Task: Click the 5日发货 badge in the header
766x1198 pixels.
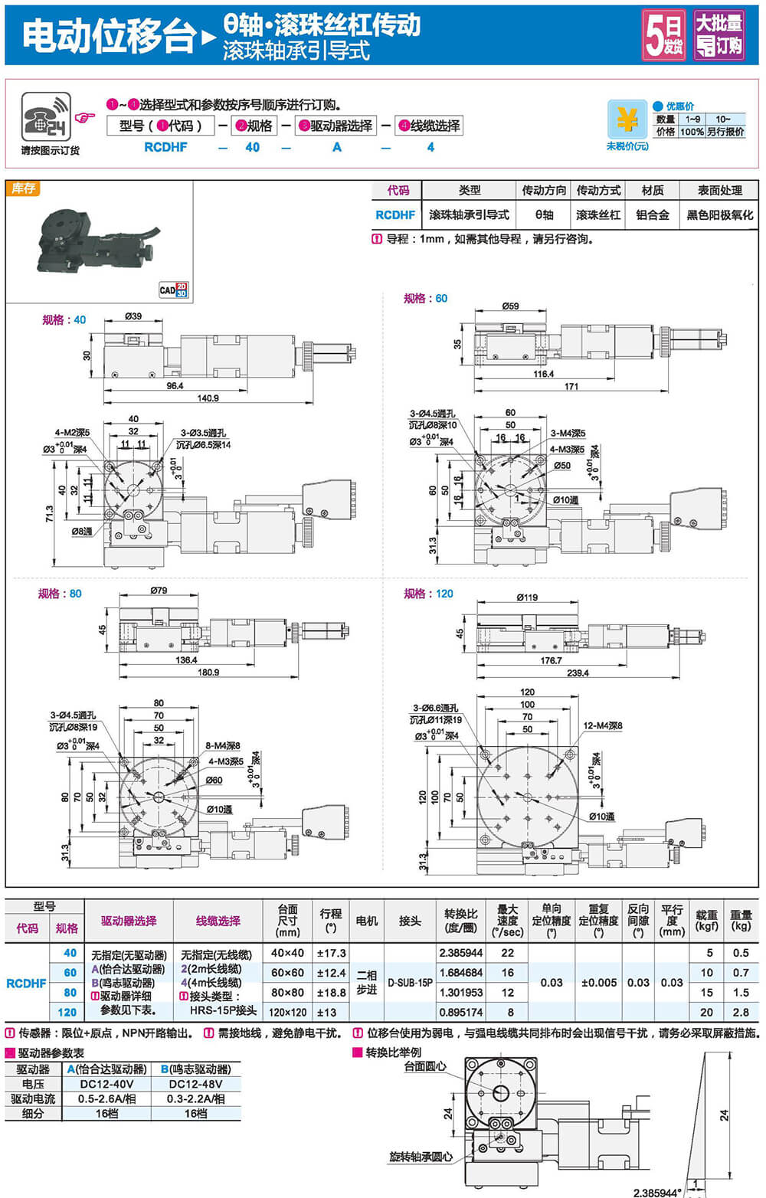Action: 663,34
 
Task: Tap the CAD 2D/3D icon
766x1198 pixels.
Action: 173,290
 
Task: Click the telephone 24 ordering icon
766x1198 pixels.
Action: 46,117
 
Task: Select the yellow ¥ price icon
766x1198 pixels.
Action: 627,119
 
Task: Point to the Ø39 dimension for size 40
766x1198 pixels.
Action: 133,316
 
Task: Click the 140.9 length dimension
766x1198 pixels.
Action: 208,398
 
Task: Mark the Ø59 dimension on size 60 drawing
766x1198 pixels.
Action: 510,306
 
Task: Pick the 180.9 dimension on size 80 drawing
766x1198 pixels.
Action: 208,672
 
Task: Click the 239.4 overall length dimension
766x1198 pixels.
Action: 578,673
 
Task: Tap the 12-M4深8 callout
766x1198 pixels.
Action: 603,725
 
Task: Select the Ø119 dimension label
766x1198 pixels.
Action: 527,597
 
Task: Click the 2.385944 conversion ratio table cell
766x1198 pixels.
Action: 461,953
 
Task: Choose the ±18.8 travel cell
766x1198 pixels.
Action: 331,992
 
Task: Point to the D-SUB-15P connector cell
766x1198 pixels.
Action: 410,982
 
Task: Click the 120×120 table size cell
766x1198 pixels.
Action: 287,1012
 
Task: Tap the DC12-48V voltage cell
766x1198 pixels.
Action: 195,1084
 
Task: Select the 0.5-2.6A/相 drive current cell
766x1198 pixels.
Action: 106,1098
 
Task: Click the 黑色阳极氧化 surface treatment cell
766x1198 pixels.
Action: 719,215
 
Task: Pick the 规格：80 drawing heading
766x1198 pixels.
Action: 61,594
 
